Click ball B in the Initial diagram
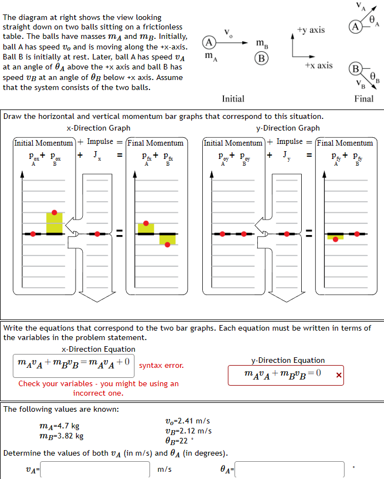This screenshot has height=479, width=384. pyautogui.click(x=261, y=58)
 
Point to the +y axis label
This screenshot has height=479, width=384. pyautogui.click(x=311, y=29)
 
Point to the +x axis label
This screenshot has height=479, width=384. pyautogui.click(x=318, y=66)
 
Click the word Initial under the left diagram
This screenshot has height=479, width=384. pyautogui.click(x=233, y=99)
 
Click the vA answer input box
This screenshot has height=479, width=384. pyautogui.click(x=96, y=470)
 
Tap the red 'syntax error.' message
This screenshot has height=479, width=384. pyautogui.click(x=161, y=366)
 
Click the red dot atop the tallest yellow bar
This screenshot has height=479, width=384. pyautogui.click(x=54, y=212)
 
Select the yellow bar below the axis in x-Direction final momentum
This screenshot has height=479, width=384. pyautogui.click(x=167, y=239)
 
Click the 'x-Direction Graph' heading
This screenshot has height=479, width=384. pyautogui.click(x=98, y=128)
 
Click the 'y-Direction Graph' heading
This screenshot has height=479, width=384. pyautogui.click(x=288, y=128)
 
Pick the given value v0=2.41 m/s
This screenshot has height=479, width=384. pyautogui.click(x=188, y=421)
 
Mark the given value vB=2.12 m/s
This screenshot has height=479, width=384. pyautogui.click(x=188, y=431)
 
